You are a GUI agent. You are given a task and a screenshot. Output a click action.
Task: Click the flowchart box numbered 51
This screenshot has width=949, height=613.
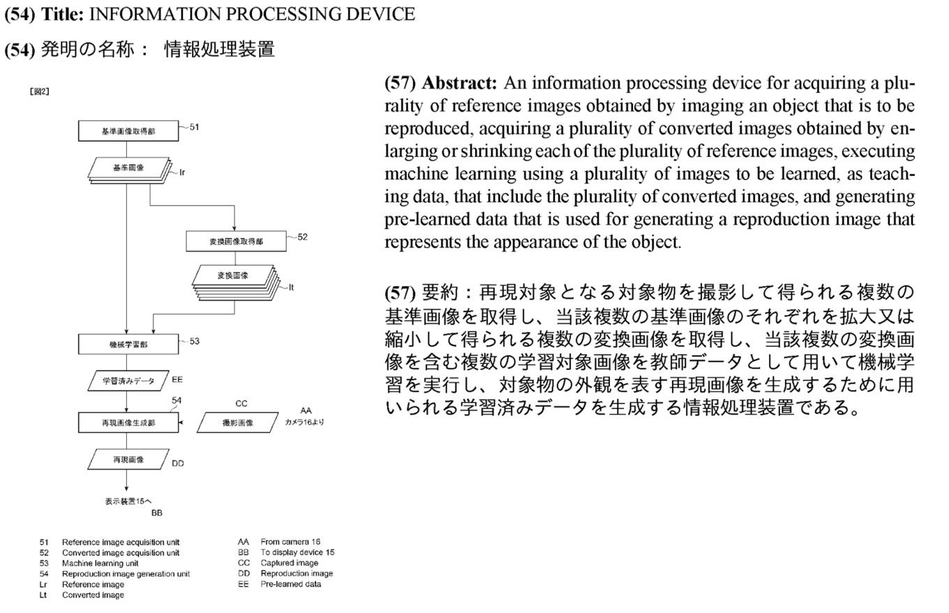128,131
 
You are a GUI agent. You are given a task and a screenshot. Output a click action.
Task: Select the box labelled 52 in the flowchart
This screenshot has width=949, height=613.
236,241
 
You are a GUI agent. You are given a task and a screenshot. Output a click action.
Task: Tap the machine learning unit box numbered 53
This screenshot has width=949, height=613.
128,344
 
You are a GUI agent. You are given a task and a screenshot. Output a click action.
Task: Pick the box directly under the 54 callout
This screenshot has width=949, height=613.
128,422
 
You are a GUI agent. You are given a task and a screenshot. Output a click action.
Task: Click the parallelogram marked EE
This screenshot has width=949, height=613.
128,381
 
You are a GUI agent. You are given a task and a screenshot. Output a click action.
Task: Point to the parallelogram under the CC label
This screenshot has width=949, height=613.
237,422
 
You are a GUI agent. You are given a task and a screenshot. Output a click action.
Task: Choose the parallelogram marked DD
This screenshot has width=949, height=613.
128,459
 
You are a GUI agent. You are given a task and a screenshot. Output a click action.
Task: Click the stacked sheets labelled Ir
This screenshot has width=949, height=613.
130,170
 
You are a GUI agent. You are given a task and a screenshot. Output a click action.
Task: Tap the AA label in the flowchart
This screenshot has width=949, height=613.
306,411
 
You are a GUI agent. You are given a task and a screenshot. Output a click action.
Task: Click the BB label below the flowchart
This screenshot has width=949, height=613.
157,512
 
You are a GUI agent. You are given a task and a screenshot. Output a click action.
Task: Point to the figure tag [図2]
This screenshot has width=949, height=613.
39,91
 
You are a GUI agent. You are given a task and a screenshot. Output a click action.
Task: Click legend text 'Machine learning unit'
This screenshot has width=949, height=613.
100,563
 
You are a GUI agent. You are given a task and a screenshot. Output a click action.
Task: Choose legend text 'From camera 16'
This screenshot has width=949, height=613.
290,541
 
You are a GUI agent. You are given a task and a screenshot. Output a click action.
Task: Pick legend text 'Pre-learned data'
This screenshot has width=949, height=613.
290,584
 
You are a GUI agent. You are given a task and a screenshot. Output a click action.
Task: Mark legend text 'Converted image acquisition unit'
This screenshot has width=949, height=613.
120,552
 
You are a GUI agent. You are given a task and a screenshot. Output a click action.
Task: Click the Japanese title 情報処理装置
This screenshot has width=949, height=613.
219,49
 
